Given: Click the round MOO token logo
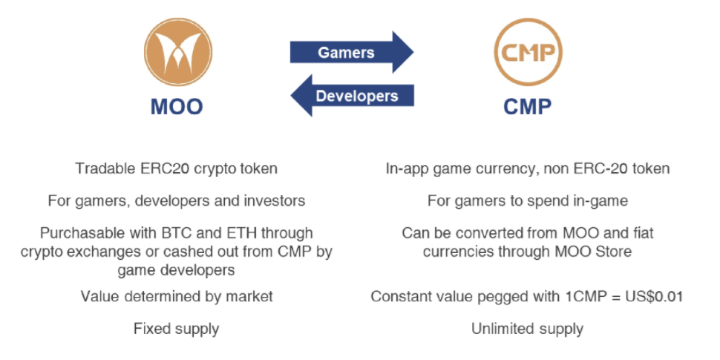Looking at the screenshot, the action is (x=178, y=52).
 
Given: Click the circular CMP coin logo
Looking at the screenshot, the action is (x=528, y=52).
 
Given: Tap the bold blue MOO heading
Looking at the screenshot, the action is (x=177, y=108).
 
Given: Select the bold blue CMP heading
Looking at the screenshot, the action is (x=528, y=108).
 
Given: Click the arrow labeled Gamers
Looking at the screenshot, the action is (x=352, y=52).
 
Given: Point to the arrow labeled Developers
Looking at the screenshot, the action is (x=352, y=96).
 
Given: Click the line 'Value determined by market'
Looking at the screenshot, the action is (x=177, y=296).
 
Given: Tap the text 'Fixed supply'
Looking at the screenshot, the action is (x=177, y=329).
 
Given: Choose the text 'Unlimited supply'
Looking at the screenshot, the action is (x=527, y=329).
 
